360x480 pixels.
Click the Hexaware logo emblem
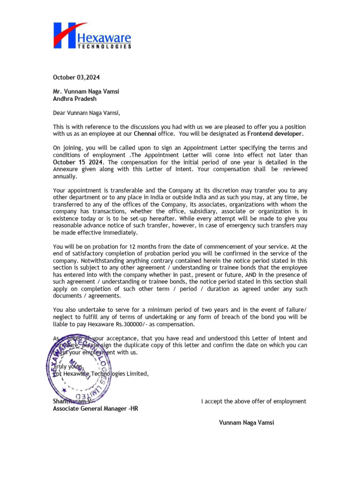[70, 35]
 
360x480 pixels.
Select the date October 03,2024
[76, 77]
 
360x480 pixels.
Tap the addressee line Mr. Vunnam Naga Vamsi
[86, 91]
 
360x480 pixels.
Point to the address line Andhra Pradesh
[75, 99]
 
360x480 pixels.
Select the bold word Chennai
[145, 134]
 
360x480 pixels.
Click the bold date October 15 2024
[76, 162]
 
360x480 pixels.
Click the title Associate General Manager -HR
[96, 409]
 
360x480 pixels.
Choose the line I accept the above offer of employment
[254, 401]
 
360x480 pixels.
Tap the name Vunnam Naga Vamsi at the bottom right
[247, 423]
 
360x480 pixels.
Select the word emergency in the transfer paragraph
[234, 225]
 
